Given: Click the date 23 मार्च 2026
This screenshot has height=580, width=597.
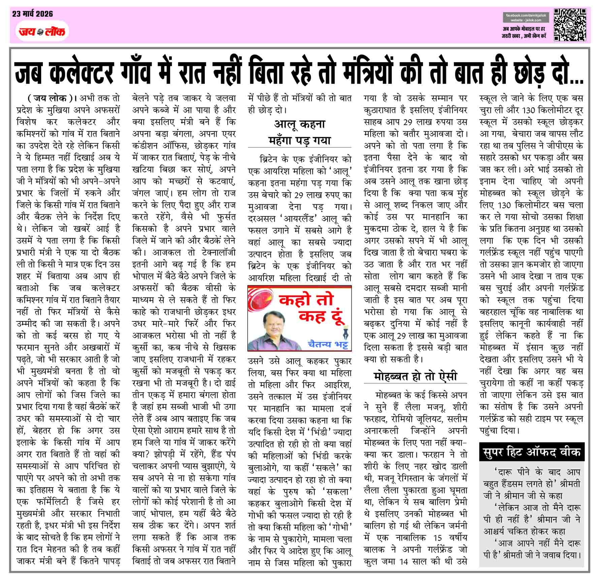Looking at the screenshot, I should [33, 14].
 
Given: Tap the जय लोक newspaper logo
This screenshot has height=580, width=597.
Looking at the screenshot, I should [42, 32].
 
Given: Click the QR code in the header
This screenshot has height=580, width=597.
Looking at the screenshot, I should [570, 25].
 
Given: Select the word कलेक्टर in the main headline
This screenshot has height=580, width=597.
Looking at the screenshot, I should [81, 72].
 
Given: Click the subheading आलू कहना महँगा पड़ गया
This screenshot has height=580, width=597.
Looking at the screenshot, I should [299, 132].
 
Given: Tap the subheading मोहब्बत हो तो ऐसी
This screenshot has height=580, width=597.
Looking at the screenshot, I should [415, 376].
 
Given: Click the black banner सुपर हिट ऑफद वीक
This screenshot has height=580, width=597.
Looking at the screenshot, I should [532, 452].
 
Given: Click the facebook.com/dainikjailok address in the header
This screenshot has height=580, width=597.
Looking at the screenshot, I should [526, 16].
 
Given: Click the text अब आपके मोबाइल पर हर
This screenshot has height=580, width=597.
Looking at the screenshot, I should [524, 29].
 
